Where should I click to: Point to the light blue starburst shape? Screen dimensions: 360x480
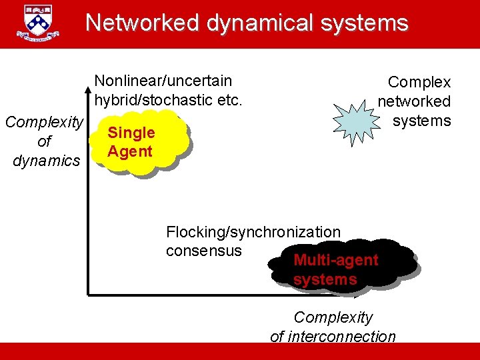coord(360,118)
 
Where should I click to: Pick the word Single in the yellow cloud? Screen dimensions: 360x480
coord(131,133)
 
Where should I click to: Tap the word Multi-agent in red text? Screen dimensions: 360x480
coord(335,260)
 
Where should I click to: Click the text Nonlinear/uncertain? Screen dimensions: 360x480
coord(163,81)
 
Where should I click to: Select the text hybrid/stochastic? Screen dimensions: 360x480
coord(151,100)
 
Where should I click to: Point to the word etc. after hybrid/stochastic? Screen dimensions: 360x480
coord(227,100)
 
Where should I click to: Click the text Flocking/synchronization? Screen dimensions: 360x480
coord(253,232)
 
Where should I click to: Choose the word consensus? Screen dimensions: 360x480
coord(204,250)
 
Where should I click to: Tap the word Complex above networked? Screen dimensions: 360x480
coord(419,82)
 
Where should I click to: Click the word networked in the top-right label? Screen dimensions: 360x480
coord(414,101)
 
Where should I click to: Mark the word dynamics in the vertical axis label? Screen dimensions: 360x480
coord(45,161)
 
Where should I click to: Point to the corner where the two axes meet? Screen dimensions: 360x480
coord(88,292)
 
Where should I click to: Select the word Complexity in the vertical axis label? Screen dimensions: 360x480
coord(45,122)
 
